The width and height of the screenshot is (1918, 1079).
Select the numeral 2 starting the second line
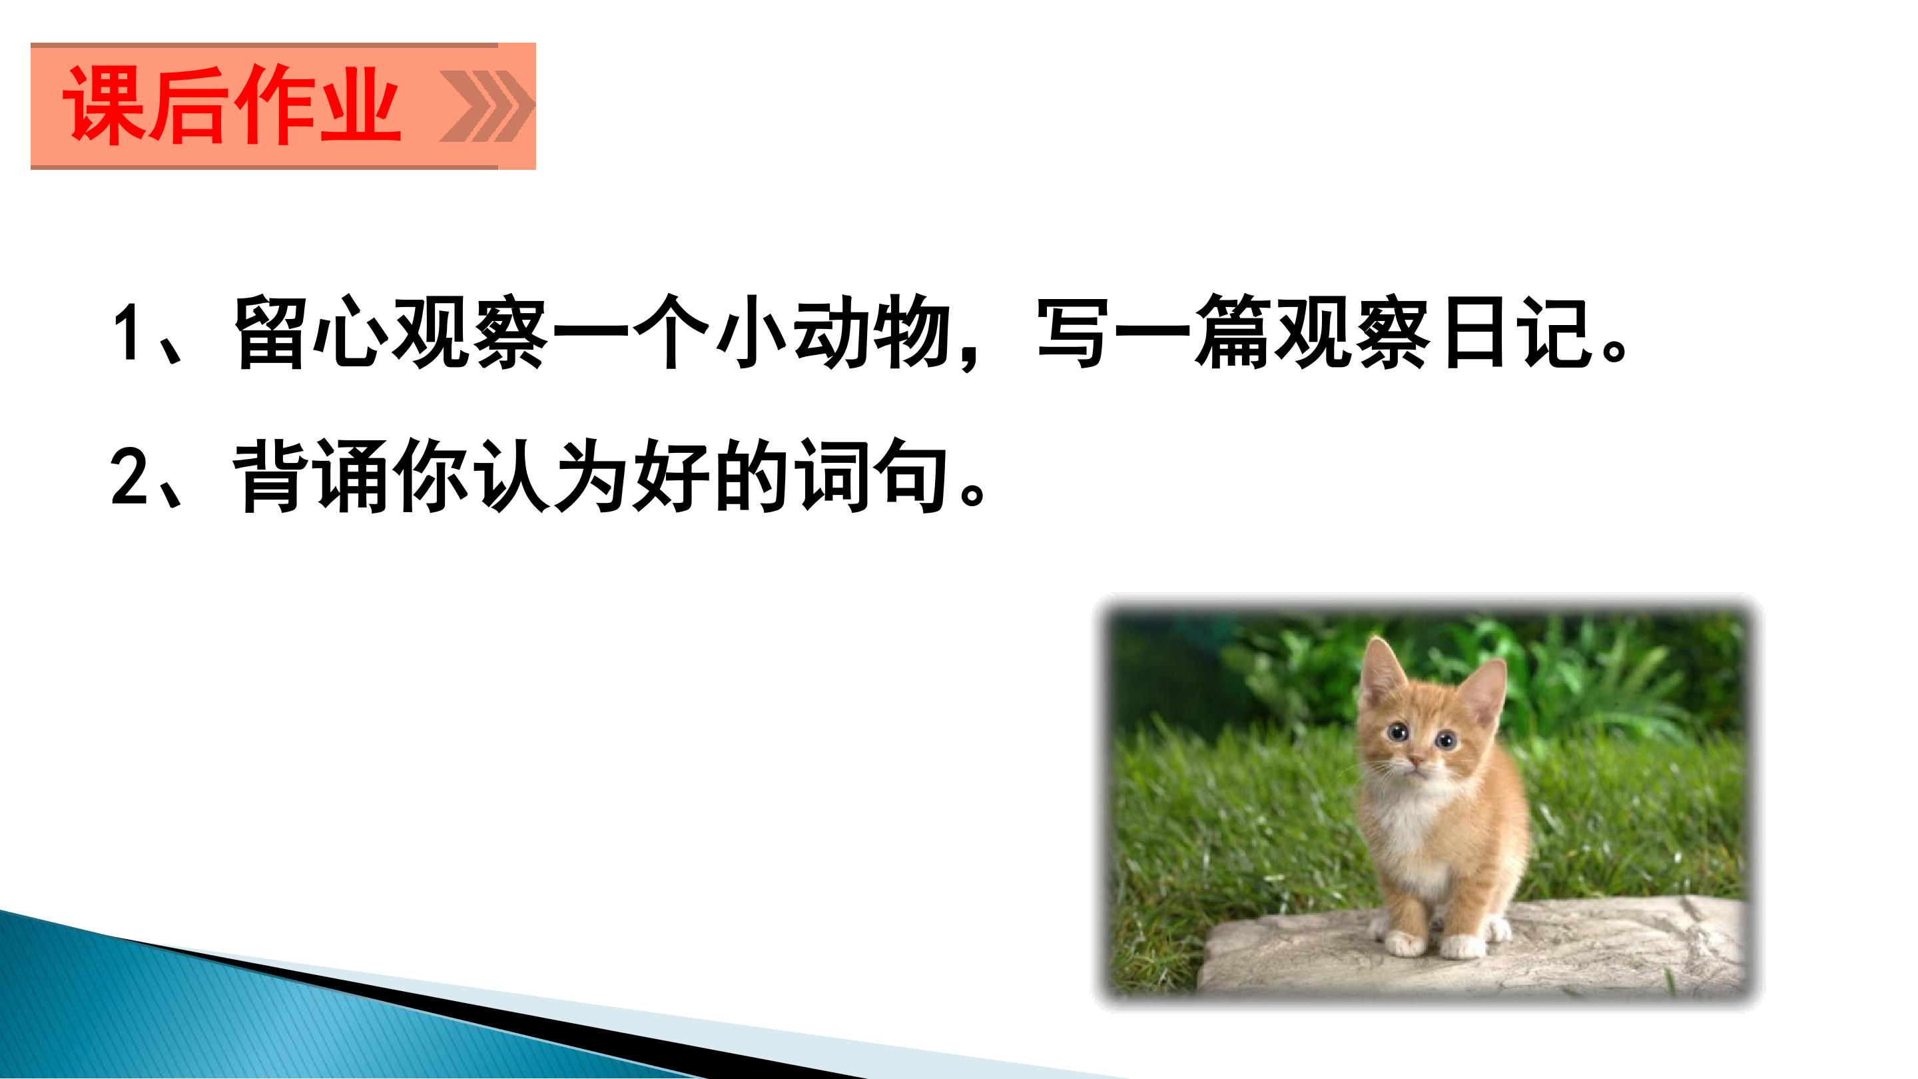(130, 474)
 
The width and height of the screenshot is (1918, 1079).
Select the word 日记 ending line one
(1518, 332)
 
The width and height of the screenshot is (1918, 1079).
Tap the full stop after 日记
(1614, 350)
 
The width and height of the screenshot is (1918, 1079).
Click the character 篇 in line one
(1232, 332)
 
